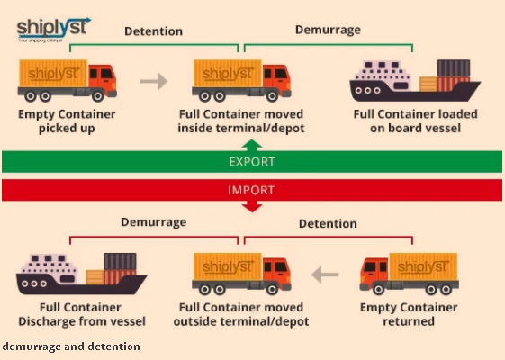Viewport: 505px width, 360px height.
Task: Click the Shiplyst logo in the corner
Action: [53, 28]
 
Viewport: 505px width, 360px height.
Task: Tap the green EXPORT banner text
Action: [252, 161]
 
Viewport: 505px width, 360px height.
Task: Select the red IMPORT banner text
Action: [252, 190]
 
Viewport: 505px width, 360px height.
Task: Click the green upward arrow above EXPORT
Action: [252, 145]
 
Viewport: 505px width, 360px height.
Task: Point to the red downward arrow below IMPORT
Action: [252, 206]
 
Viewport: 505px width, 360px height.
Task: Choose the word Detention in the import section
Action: [328, 223]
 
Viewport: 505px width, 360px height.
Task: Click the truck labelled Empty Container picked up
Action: [68, 81]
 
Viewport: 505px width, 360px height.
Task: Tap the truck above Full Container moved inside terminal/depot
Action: [242, 81]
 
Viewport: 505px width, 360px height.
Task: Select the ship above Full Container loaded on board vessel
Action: [414, 83]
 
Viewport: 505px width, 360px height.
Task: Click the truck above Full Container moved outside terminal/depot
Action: [242, 274]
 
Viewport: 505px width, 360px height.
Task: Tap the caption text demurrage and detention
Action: [71, 346]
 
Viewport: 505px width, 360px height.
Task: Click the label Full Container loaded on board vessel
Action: [415, 121]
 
